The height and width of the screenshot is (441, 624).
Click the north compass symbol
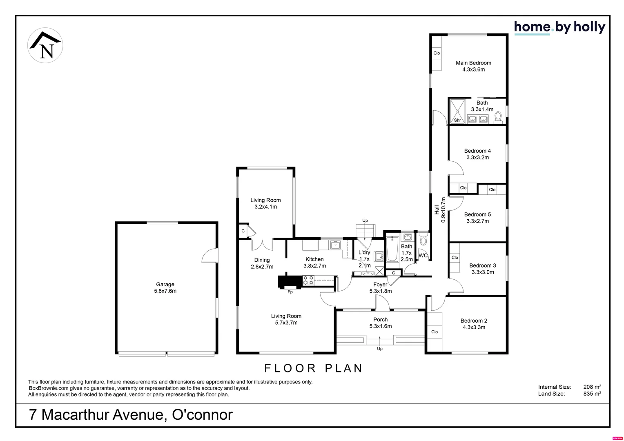[x=45, y=45]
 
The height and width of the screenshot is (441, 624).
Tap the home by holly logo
[x=559, y=27]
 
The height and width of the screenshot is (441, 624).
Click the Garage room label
[x=165, y=285]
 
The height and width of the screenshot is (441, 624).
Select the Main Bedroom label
[x=473, y=63]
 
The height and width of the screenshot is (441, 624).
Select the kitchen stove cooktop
[x=308, y=280]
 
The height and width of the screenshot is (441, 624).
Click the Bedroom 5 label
[x=477, y=214]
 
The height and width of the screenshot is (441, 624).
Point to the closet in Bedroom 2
[x=435, y=332]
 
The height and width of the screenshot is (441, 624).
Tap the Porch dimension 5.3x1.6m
[x=380, y=326]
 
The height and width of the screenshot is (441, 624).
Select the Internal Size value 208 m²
[x=592, y=387]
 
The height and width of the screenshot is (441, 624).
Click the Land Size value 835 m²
[x=592, y=394]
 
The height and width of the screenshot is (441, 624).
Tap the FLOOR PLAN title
[x=314, y=368]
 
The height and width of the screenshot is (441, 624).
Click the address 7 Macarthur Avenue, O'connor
[x=131, y=415]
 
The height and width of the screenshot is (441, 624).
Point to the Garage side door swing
[x=210, y=256]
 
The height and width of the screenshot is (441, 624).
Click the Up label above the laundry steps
[x=365, y=220]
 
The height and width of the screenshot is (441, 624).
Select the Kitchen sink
[x=335, y=245]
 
